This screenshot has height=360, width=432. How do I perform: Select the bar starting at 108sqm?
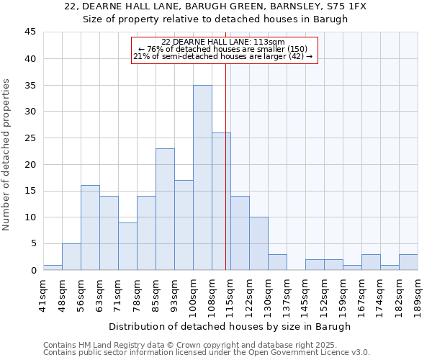pos(221,202)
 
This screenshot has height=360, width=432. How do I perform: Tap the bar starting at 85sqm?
pos(165,210)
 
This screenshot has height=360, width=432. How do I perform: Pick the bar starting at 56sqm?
pos(90,228)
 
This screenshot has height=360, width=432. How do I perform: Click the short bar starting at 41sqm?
pos(53,267)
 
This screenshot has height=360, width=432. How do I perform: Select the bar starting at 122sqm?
pos(258,243)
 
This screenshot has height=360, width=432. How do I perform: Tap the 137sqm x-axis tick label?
pos(287,294)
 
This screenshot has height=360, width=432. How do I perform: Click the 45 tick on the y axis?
pos(30,32)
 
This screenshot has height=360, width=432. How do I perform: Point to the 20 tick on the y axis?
pos(30,164)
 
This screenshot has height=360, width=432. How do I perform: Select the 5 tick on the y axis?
pos(33,243)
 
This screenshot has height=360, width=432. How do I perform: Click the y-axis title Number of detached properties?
pos(8,155)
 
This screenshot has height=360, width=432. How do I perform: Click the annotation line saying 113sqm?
pos(223,42)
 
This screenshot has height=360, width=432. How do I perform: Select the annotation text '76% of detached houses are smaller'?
pos(223,49)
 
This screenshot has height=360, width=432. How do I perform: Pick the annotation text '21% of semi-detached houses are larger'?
pos(223,56)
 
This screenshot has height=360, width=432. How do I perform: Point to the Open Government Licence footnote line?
pos(206,353)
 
